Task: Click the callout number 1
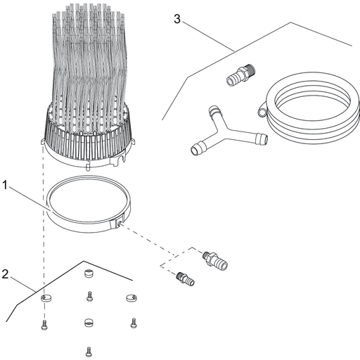click(5, 185)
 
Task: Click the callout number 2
click(5, 274)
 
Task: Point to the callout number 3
click(177, 19)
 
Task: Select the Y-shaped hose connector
click(225, 133)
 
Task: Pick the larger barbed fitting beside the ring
click(215, 261)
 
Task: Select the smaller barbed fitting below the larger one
click(186, 278)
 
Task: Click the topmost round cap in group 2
click(88, 274)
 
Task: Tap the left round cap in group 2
click(46, 298)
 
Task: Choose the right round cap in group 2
click(131, 298)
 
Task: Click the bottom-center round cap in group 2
click(88, 323)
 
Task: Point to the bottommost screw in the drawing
click(89, 352)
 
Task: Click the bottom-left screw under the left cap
click(44, 325)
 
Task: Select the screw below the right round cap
click(134, 323)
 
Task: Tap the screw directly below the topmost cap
click(89, 296)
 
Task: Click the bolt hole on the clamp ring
click(120, 223)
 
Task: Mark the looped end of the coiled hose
click(262, 110)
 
